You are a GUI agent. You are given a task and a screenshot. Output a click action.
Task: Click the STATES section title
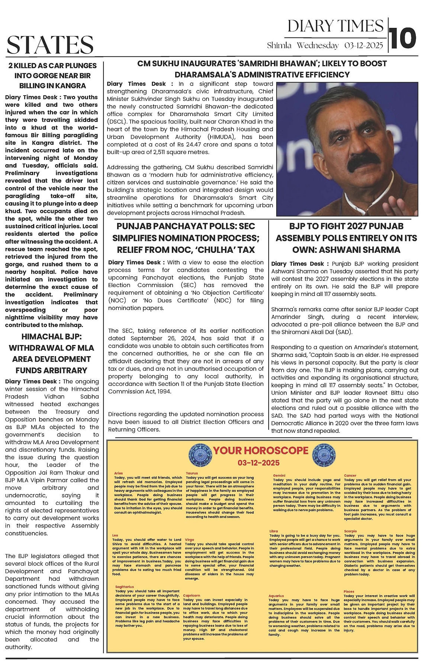tap(50, 45)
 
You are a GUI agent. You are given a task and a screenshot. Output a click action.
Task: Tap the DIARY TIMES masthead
tap(335, 26)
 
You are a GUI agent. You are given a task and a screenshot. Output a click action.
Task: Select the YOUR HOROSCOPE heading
tap(260, 451)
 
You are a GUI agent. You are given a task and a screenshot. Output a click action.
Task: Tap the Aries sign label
tap(118, 473)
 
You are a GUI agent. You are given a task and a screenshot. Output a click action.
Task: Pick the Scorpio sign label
tap(350, 531)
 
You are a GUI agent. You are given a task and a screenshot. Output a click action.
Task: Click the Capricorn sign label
tap(192, 595)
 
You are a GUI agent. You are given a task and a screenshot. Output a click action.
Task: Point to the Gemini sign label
tap(279, 476)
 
